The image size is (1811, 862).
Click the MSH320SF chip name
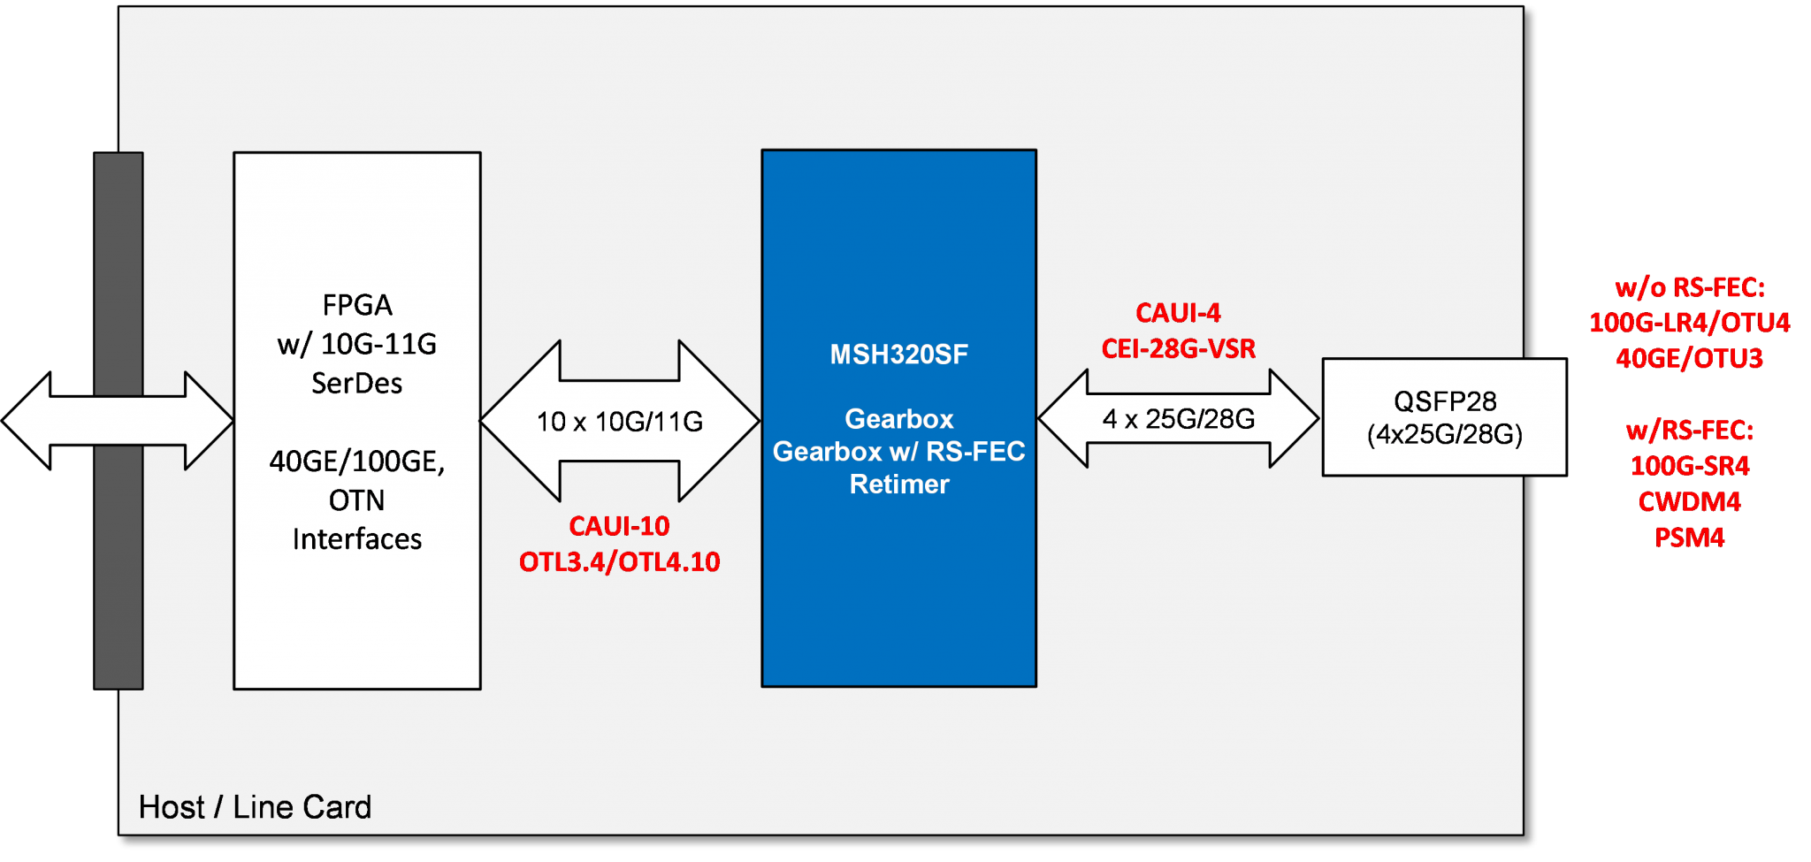point(898,355)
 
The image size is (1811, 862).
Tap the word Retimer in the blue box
point(898,484)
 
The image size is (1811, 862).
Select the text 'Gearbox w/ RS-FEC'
point(898,452)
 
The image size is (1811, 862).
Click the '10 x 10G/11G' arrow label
point(619,422)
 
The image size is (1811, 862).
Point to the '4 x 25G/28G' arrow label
point(1178,419)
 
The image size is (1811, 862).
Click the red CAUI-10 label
point(619,526)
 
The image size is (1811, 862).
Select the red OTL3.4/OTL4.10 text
point(619,562)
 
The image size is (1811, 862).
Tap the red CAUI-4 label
point(1178,313)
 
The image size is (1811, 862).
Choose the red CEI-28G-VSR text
point(1178,349)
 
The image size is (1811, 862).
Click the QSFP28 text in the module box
point(1445,401)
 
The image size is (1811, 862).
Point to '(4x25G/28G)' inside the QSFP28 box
point(1445,435)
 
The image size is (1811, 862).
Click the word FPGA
point(357,305)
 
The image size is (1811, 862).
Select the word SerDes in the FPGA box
point(357,383)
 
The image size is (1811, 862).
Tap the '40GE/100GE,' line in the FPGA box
point(357,462)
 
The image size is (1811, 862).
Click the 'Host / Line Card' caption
point(255,807)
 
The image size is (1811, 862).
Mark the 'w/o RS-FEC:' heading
point(1689,287)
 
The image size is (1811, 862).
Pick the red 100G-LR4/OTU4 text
point(1689,323)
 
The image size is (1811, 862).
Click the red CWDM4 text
point(1689,502)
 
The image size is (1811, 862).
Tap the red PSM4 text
point(1689,538)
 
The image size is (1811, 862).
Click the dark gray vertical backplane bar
point(118,575)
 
